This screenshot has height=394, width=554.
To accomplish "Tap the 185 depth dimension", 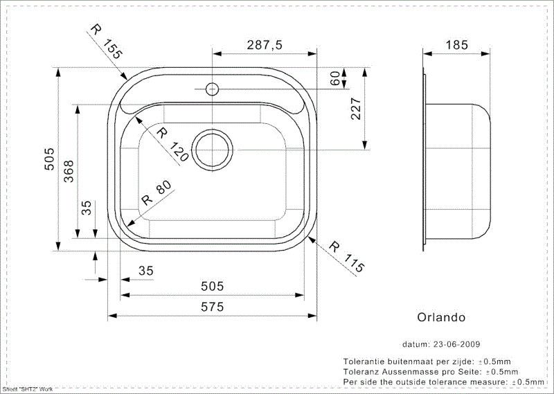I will [x=458, y=45].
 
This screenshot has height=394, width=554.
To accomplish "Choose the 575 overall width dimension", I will [x=212, y=306].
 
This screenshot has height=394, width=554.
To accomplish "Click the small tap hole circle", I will [x=213, y=89].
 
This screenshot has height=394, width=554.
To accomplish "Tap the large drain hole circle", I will [x=212, y=149].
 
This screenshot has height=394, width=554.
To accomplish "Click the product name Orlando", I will [x=440, y=317].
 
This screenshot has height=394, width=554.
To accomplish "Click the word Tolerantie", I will [x=366, y=361].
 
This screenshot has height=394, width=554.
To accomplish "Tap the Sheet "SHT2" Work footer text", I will [x=28, y=390].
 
